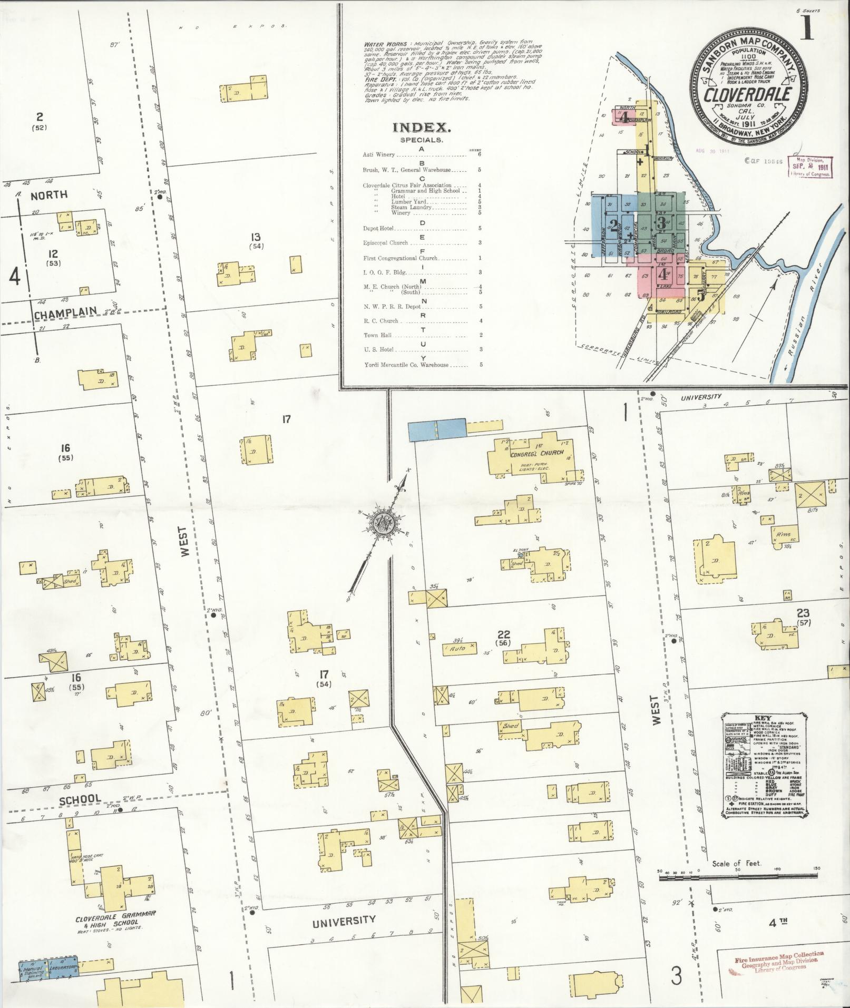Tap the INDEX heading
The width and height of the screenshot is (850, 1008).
tap(421, 128)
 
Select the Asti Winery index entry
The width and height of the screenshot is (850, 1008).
tap(379, 155)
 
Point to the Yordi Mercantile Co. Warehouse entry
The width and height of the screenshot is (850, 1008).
tap(406, 365)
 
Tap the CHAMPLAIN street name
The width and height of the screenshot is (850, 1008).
tap(66, 315)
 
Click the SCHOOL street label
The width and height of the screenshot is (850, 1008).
tap(80, 799)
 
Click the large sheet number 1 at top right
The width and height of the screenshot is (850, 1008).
tap(806, 28)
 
